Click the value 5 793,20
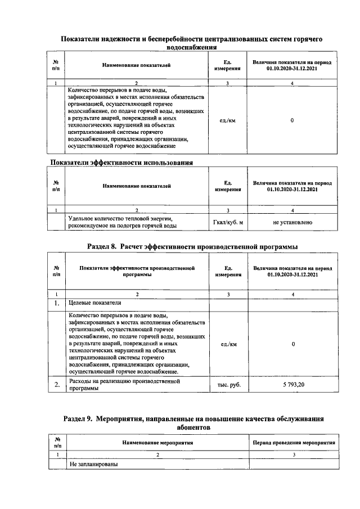(x=292, y=385)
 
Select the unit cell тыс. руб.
(x=228, y=385)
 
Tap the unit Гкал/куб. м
(x=228, y=223)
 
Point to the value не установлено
(x=292, y=223)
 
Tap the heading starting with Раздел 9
(x=193, y=419)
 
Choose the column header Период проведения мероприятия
(x=294, y=443)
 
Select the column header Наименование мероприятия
(x=157, y=443)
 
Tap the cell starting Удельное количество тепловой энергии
(x=123, y=222)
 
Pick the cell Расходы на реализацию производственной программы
(x=124, y=385)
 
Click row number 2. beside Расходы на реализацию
(x=57, y=385)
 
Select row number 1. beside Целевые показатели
(x=57, y=304)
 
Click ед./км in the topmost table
(x=228, y=120)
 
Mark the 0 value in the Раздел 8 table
(x=292, y=344)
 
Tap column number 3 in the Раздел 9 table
(x=294, y=454)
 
